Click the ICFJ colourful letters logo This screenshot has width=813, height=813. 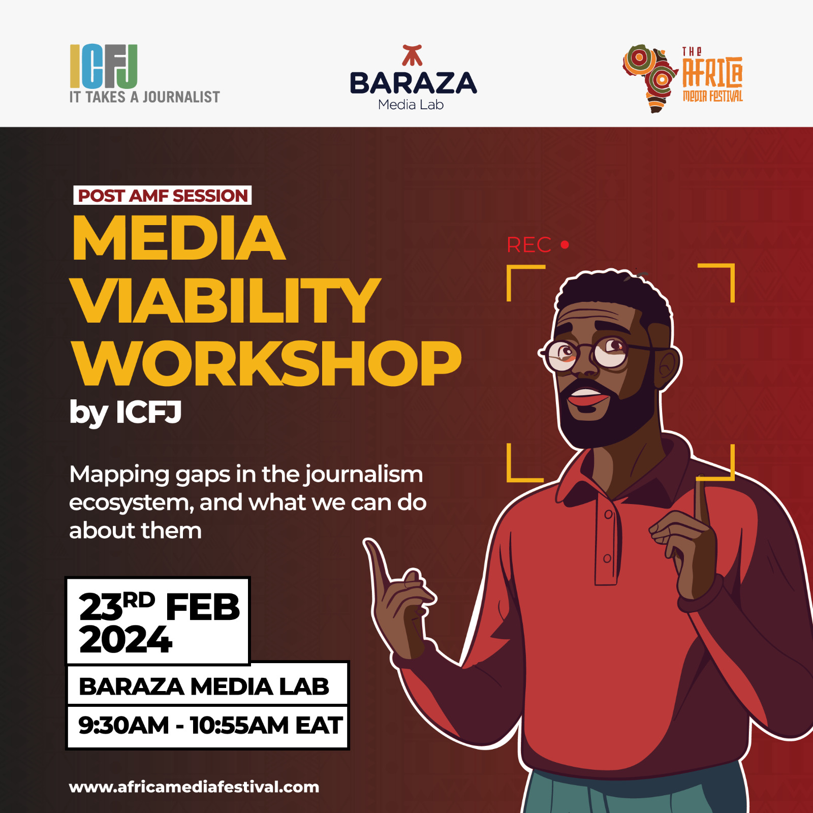[104, 67]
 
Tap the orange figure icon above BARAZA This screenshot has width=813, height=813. [412, 55]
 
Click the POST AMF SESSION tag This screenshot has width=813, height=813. [163, 196]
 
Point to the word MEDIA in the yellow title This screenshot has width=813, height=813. [179, 238]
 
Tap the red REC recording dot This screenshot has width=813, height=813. [565, 245]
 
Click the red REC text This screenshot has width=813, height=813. [529, 245]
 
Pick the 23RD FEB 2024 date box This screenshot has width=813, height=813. [158, 621]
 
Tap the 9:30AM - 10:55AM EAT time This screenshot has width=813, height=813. [210, 725]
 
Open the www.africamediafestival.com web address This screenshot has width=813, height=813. [194, 787]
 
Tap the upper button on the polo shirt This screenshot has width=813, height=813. [608, 515]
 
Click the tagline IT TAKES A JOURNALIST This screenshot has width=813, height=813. [145, 97]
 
